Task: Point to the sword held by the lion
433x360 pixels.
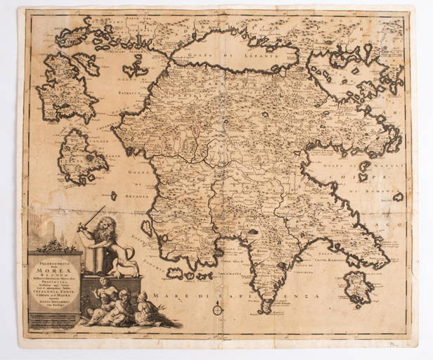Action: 91,217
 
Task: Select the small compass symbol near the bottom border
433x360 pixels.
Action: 217,309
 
